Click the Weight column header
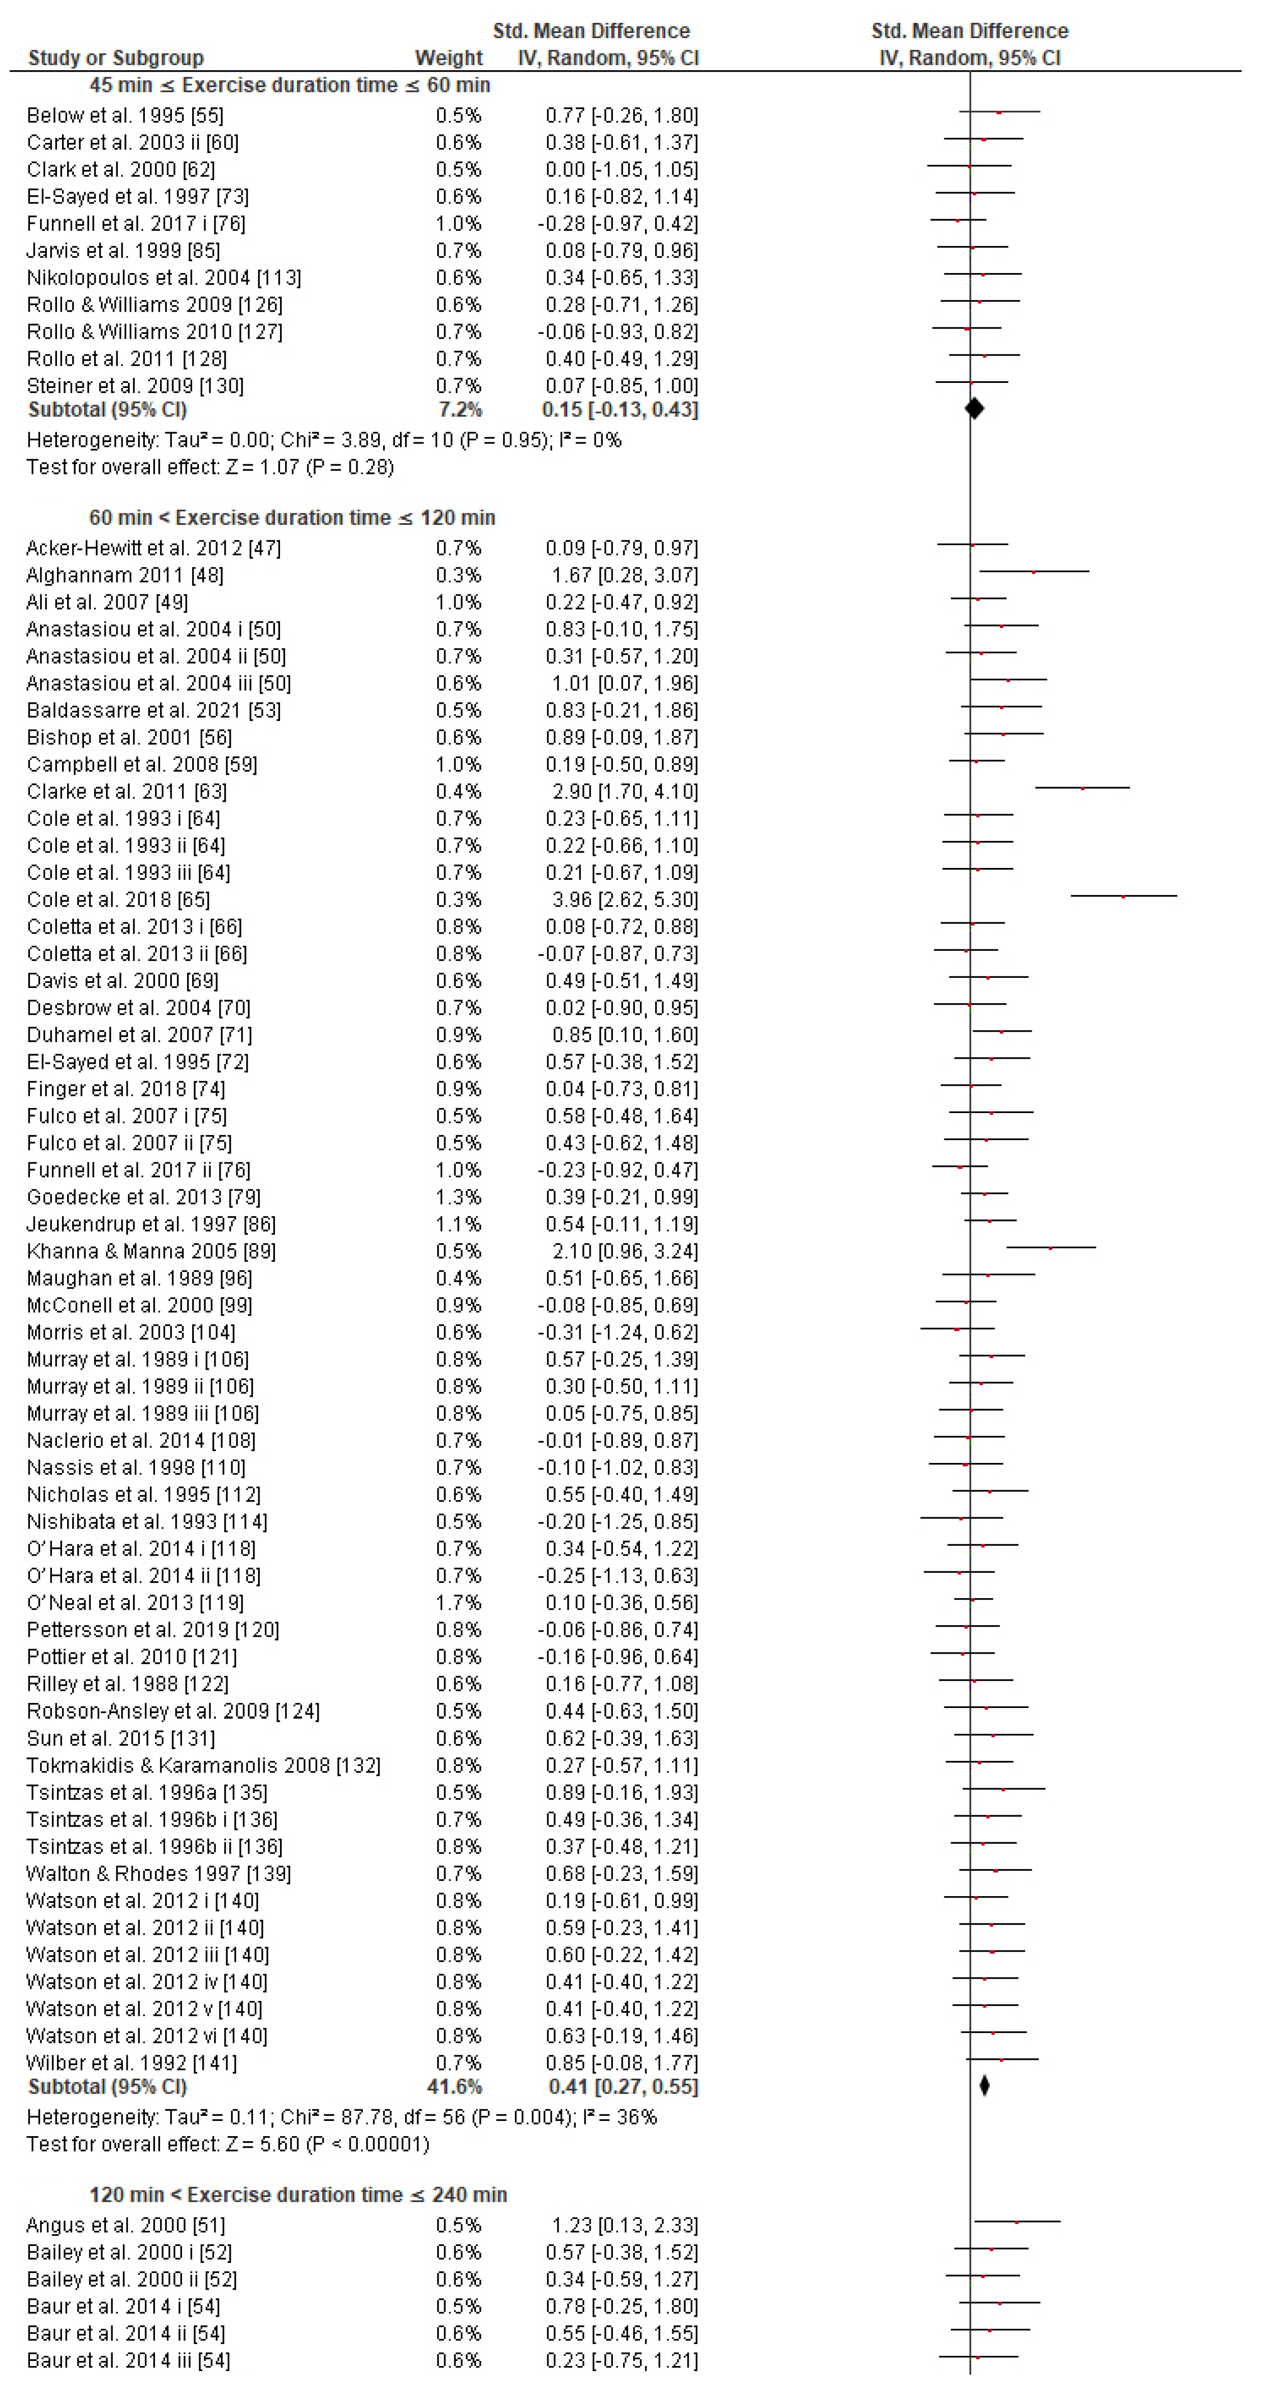(x=448, y=57)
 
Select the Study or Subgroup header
(x=116, y=57)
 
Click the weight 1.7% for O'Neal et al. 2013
(x=458, y=1603)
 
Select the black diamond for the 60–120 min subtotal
(x=985, y=2086)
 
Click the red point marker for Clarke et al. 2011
(x=1083, y=789)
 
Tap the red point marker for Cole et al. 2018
(x=1123, y=896)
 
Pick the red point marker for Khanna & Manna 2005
(x=1051, y=1248)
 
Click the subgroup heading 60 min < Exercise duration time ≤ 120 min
(x=292, y=518)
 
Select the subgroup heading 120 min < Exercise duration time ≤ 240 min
(x=298, y=2195)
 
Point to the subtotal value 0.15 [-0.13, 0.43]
(x=620, y=409)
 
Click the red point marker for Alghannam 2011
(x=1033, y=572)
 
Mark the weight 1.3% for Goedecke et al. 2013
(x=458, y=1197)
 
